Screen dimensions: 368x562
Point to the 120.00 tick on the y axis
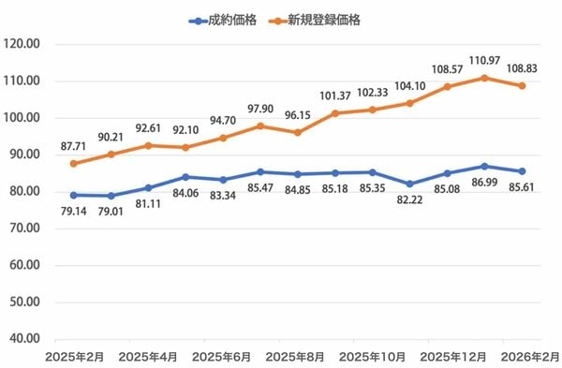click(22, 44)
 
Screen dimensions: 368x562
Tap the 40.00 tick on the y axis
click(22, 339)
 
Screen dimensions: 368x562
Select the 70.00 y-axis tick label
click(22, 228)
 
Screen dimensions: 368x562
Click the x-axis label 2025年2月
click(75, 358)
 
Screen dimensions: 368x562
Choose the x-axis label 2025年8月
click(298, 358)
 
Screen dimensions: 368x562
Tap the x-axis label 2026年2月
click(522, 358)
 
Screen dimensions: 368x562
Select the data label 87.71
click(74, 146)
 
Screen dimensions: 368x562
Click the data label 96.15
click(298, 115)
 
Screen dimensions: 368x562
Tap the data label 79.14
click(74, 213)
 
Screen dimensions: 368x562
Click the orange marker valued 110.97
click(484, 78)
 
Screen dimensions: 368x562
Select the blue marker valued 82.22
click(409, 184)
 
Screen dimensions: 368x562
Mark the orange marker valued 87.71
click(74, 164)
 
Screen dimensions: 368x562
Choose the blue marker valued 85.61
click(522, 171)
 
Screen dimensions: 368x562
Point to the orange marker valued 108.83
click(522, 85)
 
